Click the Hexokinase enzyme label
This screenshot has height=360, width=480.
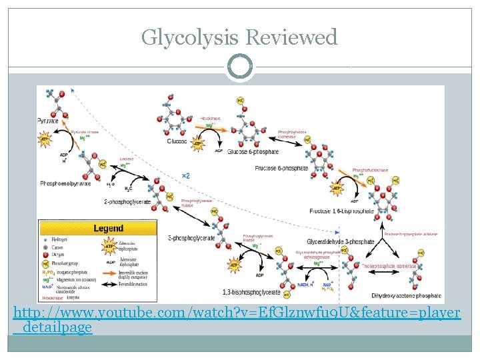coord(211,118)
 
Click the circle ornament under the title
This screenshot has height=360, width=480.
coord(239,67)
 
